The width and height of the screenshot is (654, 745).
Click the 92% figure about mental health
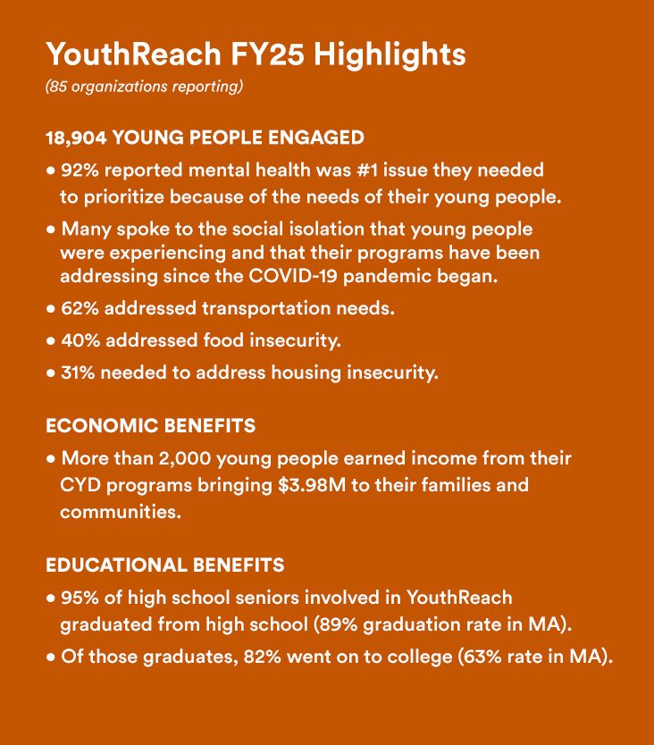78,169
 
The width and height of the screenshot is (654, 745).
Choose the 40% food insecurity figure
78,340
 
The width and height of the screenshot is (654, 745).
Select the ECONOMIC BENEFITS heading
150,426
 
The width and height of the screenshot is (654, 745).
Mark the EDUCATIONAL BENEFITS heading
165,565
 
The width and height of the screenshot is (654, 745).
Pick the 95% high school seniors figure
78,598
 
